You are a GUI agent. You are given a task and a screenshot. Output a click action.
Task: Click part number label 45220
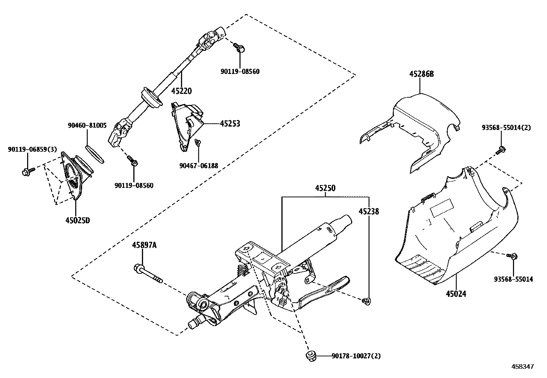181,91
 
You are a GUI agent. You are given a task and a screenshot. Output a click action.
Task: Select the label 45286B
421,74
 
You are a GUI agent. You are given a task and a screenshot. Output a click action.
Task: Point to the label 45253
230,123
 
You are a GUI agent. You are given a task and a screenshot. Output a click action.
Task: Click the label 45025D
77,220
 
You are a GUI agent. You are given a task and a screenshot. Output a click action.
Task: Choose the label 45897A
144,245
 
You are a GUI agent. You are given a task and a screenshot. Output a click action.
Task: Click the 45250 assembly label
325,188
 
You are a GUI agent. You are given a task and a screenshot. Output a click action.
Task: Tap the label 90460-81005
87,126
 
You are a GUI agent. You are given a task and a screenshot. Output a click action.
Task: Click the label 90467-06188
199,166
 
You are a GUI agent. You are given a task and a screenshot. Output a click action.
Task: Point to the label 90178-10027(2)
356,356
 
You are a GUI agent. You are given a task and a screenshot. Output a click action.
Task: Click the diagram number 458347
523,367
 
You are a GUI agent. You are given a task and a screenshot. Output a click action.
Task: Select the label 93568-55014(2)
506,128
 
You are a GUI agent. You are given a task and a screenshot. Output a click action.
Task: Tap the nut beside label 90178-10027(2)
311,356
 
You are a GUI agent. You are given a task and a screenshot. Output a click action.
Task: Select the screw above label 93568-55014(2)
501,149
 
